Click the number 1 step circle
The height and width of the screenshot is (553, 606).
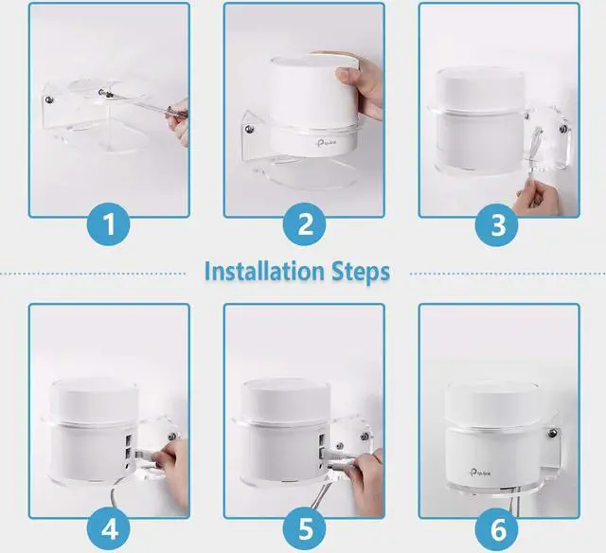pos(110,223)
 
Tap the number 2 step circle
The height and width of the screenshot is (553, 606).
pos(305,223)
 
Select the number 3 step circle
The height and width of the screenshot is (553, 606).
pos(498,224)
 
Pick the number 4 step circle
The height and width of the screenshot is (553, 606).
pos(110,529)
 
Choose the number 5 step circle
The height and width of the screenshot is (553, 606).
pos(305,529)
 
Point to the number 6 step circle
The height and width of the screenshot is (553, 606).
pos(498,529)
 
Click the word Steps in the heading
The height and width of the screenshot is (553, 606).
pos(361,273)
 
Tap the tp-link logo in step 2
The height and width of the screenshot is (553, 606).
pos(326,143)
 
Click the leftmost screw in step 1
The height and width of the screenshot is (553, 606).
pos(49,100)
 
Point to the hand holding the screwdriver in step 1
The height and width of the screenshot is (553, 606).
pos(179,121)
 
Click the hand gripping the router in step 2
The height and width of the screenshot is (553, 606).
pos(359,84)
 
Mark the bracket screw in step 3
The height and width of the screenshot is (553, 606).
pos(563,129)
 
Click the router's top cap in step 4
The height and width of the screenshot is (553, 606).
pos(95,400)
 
